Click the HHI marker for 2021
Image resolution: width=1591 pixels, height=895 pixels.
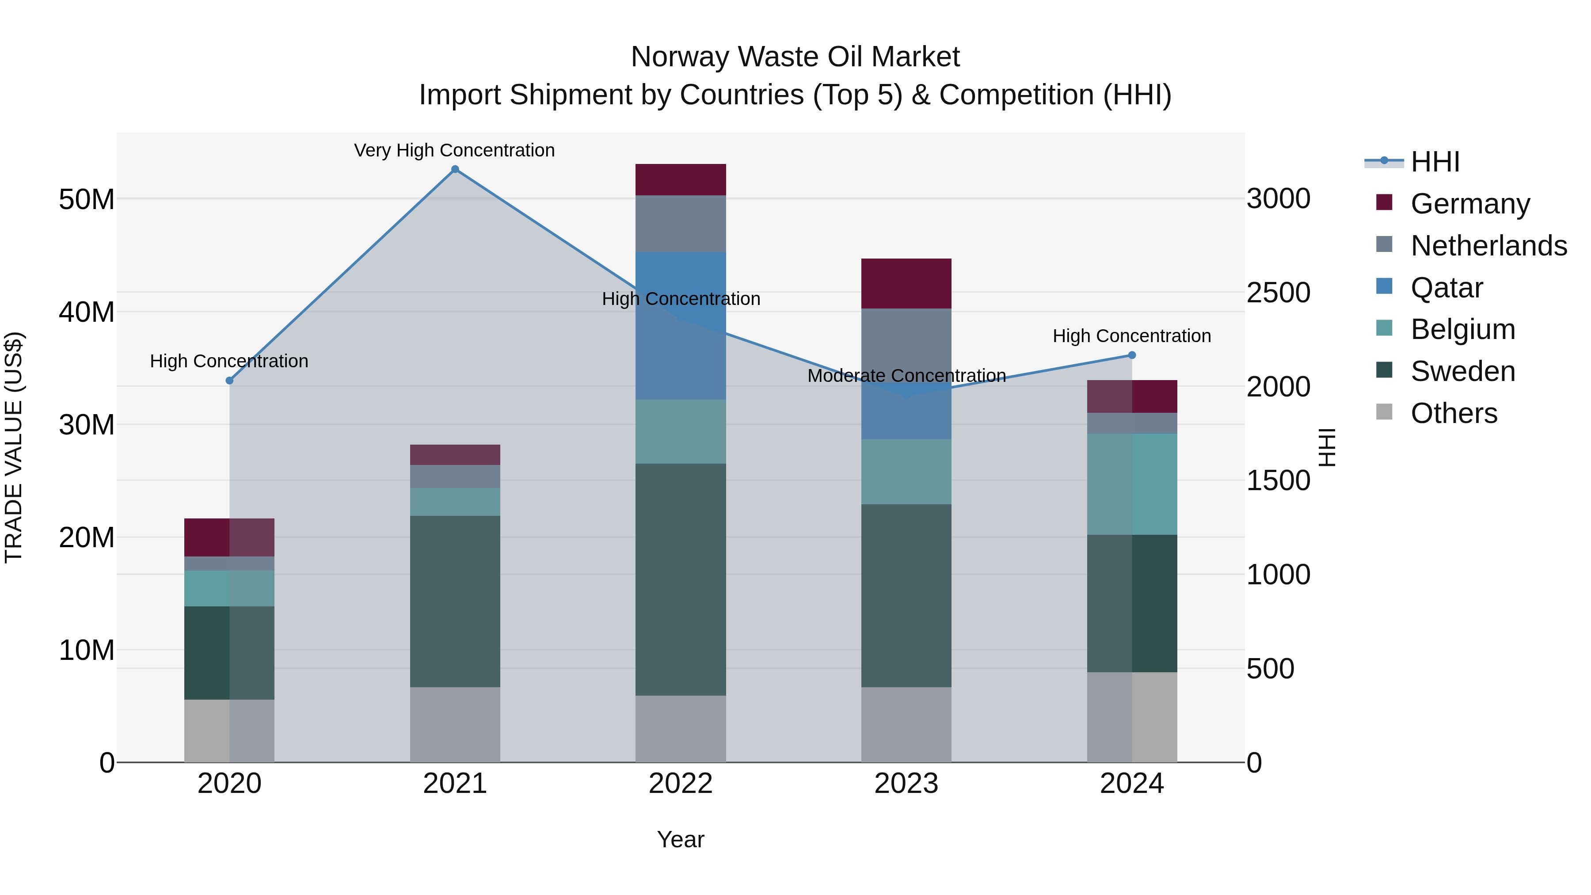(455, 169)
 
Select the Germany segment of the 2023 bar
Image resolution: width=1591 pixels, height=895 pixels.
(906, 283)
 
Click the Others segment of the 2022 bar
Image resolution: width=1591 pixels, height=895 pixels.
(680, 728)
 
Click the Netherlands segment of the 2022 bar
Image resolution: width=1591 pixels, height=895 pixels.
(680, 224)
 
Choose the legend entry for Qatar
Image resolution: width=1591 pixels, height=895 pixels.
(1446, 288)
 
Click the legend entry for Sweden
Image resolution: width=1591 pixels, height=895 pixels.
(1462, 371)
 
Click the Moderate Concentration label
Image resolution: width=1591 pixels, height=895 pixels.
(906, 376)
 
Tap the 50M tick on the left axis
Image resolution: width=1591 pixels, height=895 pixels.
(87, 199)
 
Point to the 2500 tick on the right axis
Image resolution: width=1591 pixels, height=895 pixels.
(1278, 293)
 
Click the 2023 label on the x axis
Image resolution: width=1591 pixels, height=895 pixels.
(906, 784)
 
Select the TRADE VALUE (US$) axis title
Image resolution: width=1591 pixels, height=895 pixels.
(14, 447)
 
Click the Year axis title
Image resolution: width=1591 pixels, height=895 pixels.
(680, 839)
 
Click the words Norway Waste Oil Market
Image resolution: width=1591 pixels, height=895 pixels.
(795, 57)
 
